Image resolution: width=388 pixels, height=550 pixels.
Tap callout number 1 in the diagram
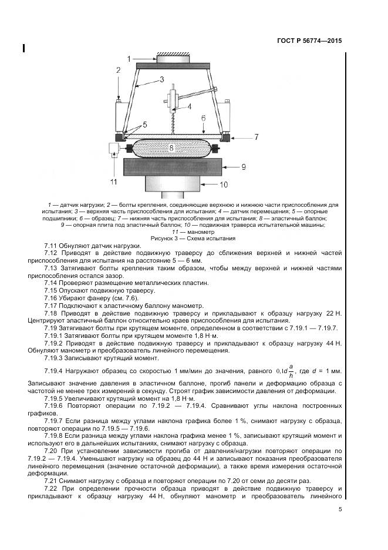coord(131,58)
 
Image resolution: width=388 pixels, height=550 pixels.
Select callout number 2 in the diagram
coord(118,70)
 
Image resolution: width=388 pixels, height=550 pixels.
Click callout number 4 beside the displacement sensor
coord(189,106)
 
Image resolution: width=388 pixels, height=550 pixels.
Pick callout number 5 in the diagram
coord(144,125)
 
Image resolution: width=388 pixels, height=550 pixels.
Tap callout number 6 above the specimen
coord(203,118)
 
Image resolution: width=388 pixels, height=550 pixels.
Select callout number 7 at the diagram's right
coord(256,136)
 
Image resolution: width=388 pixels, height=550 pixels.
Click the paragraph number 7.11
coord(52,245)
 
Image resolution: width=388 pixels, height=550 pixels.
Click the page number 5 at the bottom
coord(340,510)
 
